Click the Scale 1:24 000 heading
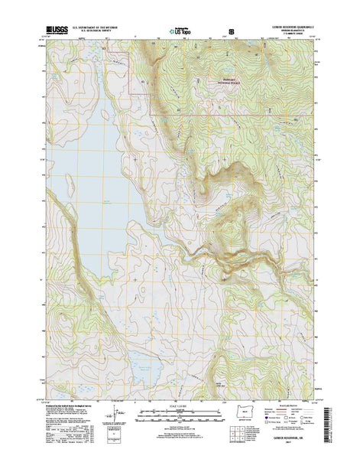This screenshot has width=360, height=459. point(180,405)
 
